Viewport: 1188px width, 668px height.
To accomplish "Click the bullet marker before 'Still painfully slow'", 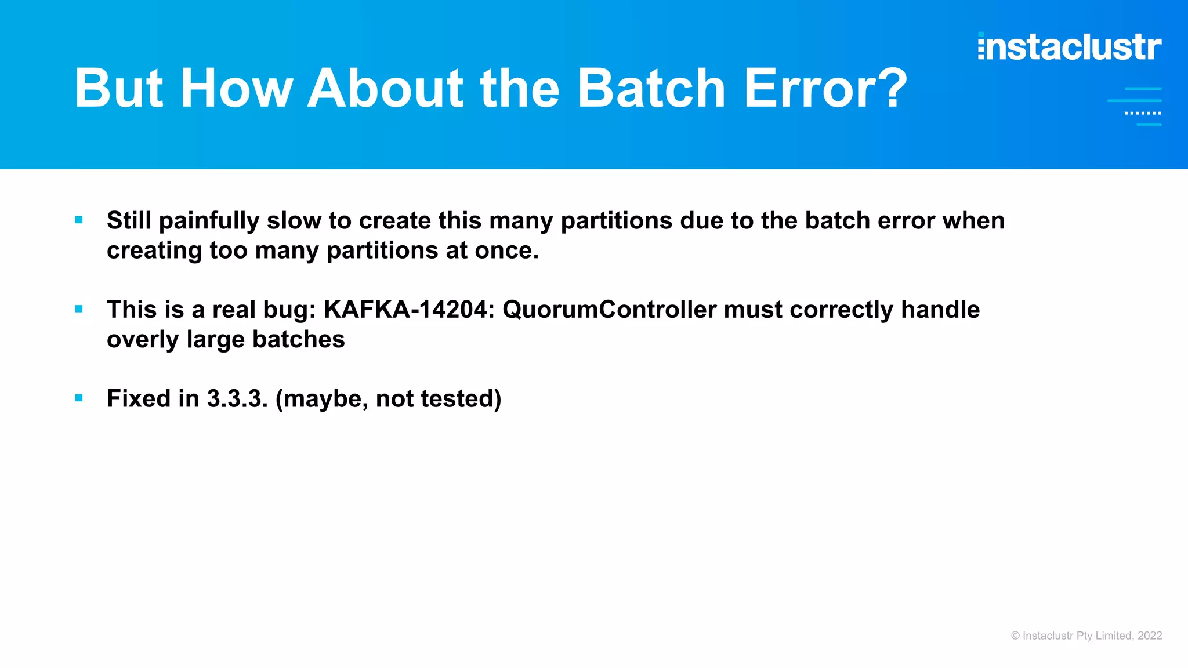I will [x=79, y=220].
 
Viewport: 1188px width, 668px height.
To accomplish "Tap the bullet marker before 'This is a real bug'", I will [x=79, y=309].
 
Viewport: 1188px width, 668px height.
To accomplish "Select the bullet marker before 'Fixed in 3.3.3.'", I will [x=79, y=398].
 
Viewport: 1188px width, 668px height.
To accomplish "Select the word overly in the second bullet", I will [x=143, y=340].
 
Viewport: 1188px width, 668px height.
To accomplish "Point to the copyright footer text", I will [x=1086, y=636].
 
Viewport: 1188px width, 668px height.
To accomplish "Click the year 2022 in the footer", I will [x=1150, y=636].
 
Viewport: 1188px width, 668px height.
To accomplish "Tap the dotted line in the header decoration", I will [x=1143, y=113].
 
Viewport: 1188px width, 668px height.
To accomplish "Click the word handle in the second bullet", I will [x=940, y=309].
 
